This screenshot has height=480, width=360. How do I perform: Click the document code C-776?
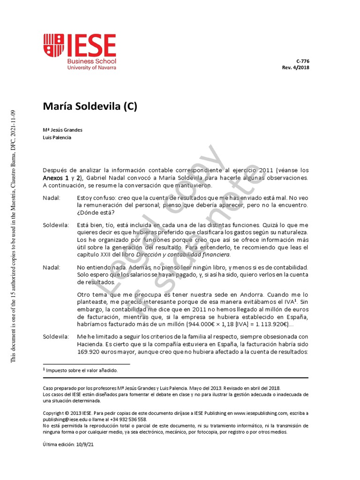[x=302, y=61]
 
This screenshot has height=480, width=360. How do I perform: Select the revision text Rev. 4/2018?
[x=295, y=67]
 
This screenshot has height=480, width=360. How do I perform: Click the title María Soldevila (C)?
[x=90, y=106]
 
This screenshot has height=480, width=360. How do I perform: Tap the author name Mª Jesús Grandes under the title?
[x=62, y=130]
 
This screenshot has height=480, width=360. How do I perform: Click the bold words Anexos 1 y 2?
[x=62, y=178]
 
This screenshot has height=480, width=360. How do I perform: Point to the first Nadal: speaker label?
[x=52, y=198]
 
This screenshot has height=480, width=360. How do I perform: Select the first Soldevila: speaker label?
[x=56, y=225]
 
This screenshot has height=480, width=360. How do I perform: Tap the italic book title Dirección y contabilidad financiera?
[x=183, y=255]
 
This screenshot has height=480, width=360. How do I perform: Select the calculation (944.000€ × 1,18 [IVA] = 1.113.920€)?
[x=239, y=324]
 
